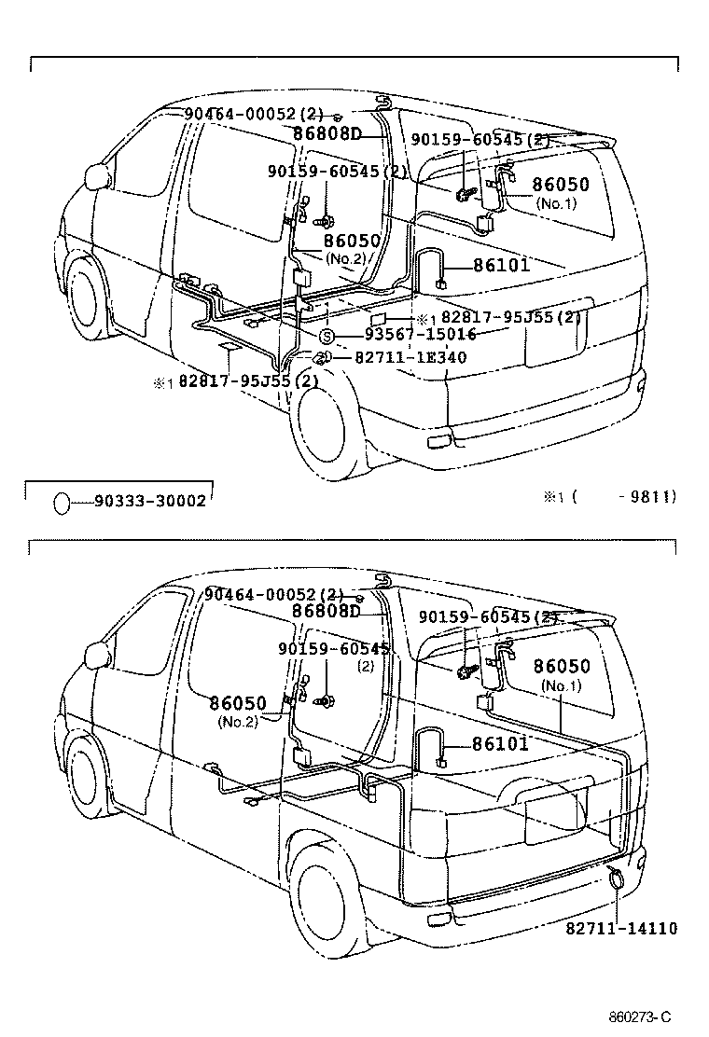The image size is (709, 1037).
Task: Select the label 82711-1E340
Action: coord(410,357)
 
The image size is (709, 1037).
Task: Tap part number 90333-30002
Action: coord(149,502)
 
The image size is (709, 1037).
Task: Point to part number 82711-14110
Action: coord(621,928)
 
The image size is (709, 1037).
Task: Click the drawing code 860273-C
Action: coord(640,1016)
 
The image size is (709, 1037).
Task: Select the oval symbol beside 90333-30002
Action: coord(61,503)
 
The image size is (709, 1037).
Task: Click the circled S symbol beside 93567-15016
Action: coord(327,336)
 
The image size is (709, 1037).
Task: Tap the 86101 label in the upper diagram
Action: coord(501,265)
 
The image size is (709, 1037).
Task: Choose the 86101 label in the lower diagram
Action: coord(500,743)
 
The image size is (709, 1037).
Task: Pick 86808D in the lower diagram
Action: coord(326,611)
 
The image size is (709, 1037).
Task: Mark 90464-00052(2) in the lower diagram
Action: coord(274,594)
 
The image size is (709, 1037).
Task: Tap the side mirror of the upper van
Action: coord(96,177)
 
